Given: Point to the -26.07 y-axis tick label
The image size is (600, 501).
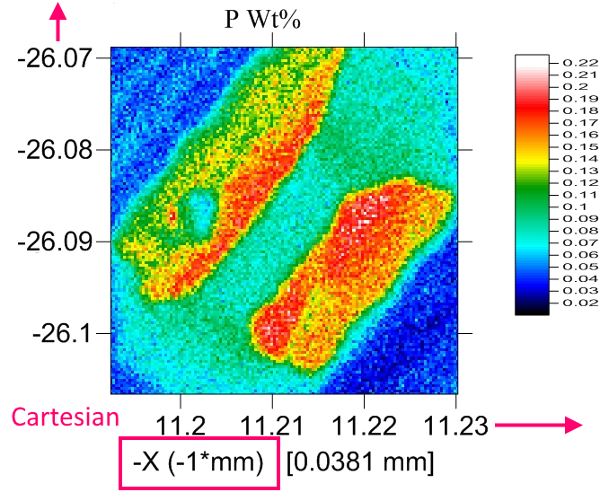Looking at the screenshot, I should coord(54,58).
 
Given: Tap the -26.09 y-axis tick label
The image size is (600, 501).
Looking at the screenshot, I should coord(54,242).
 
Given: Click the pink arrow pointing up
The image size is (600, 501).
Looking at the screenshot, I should coord(60,22).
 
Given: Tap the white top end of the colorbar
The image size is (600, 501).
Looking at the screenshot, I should coord(534,59).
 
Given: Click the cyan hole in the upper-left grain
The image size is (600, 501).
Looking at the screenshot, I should coord(197,212).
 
